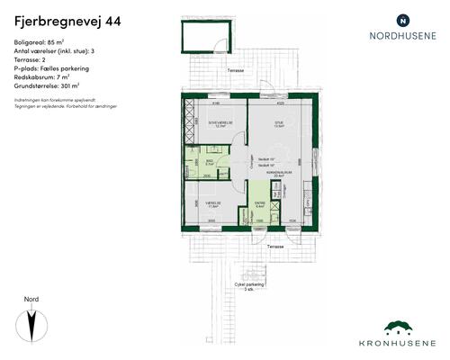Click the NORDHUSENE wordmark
pos(402,37)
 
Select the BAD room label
pos(209,163)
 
